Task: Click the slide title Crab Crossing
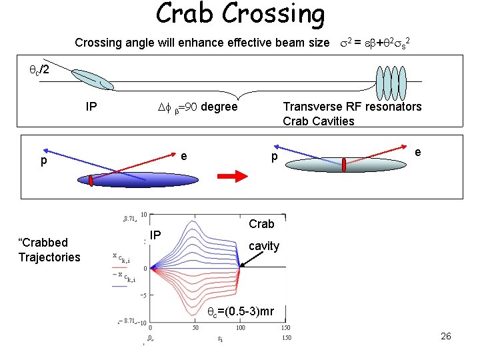(240, 15)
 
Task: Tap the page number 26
(446, 336)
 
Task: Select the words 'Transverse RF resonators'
(352, 107)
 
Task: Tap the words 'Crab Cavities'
(319, 121)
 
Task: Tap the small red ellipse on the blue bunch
(91, 181)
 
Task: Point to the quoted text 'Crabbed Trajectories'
(49, 250)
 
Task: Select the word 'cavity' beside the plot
(264, 246)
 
